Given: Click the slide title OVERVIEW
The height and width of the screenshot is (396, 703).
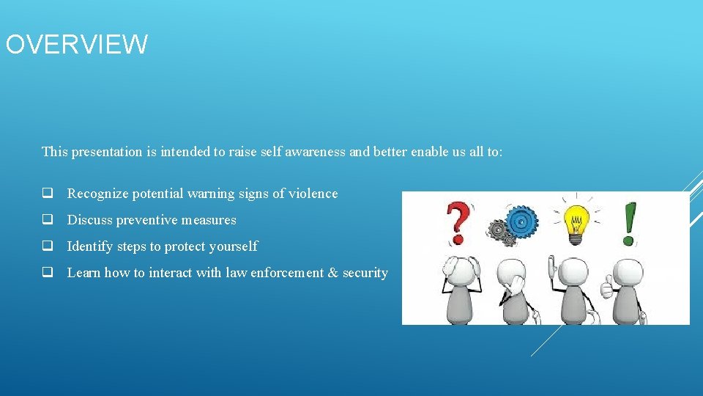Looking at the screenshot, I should coord(76,45).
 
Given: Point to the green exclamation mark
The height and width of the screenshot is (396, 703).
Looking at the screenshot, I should coord(628,223).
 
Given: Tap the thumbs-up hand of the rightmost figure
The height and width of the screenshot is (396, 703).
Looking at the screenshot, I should coord(606,288).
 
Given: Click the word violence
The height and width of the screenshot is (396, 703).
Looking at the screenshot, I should coord(314,194).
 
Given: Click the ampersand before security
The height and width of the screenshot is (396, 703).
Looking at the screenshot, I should coord(332,273).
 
